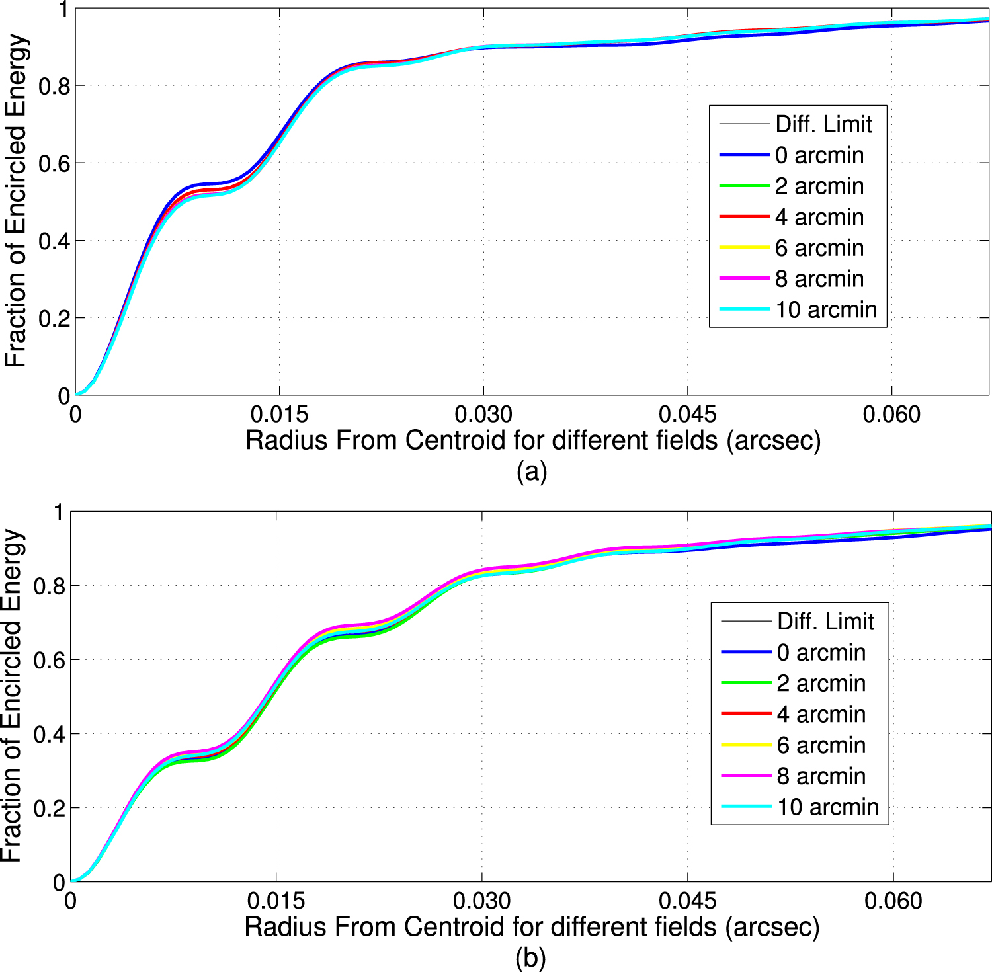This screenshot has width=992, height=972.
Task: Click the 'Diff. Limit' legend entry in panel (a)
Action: (823, 124)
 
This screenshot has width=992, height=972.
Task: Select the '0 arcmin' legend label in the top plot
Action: (819, 155)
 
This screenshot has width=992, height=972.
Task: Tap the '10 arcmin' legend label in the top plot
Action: (826, 309)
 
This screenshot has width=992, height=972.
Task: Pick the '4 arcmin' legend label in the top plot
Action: (819, 217)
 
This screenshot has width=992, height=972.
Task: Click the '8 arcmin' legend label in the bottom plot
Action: (821, 776)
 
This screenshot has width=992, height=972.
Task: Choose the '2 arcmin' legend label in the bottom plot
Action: (821, 683)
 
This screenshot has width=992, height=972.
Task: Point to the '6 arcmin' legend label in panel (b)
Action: (821, 745)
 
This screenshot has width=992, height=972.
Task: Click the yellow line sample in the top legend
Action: (745, 247)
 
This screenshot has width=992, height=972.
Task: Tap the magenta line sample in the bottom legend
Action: (747, 776)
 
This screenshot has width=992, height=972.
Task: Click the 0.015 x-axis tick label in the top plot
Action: (279, 415)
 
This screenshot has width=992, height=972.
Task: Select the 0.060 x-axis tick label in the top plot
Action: (891, 415)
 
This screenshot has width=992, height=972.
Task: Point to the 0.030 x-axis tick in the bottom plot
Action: (482, 901)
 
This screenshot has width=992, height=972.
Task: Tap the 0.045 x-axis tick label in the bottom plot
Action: (688, 901)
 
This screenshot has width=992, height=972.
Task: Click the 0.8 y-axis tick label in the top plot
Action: (54, 86)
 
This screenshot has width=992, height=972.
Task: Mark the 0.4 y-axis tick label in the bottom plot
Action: (49, 734)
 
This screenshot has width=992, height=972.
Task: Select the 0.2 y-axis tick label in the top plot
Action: (54, 319)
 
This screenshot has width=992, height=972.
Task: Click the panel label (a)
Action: (532, 471)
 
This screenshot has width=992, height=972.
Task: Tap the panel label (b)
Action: (530, 957)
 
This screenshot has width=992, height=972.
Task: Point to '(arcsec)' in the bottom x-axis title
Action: (772, 927)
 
